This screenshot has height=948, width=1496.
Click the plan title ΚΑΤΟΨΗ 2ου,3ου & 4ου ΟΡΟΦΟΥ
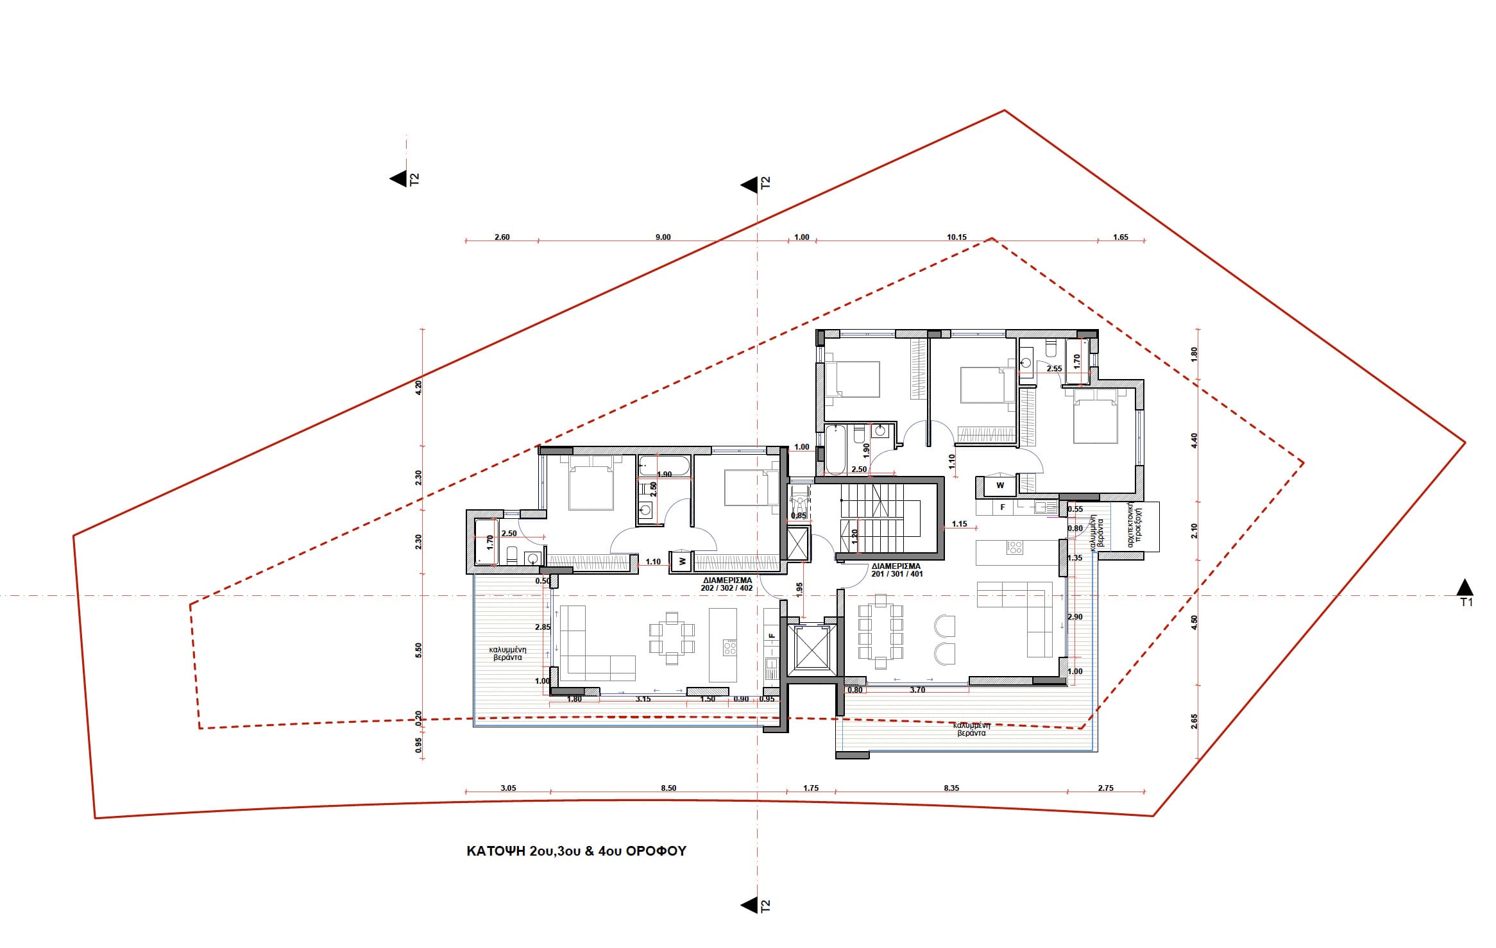(576, 851)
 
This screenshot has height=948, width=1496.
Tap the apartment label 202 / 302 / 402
(727, 588)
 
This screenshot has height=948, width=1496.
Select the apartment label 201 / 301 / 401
(897, 574)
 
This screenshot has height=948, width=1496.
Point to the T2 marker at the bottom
(749, 906)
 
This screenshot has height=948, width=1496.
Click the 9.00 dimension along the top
(663, 237)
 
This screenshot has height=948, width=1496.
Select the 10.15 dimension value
(956, 237)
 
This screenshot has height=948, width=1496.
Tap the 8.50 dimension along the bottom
(668, 788)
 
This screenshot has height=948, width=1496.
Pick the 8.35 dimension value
(951, 788)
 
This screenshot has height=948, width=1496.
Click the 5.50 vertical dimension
(419, 651)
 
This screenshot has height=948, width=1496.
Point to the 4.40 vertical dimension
(1194, 441)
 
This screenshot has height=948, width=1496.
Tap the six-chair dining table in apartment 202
(672, 638)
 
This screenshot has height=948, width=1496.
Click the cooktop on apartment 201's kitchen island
(1014, 548)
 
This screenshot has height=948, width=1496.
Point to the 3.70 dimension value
(917, 690)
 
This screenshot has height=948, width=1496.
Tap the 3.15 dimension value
(643, 699)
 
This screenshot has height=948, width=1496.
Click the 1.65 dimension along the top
(1120, 237)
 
